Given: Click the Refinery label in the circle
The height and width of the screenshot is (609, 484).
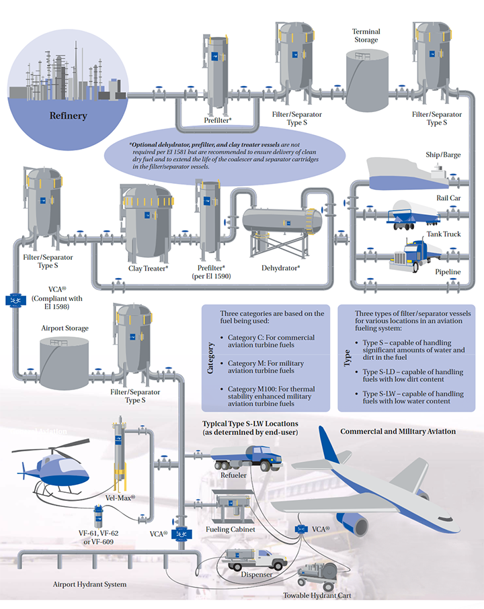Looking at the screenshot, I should pos(68,115).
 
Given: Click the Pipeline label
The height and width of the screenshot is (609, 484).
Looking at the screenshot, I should pos(448,272).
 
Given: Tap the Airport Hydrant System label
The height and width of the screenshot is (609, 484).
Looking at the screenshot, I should pos(89,584).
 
